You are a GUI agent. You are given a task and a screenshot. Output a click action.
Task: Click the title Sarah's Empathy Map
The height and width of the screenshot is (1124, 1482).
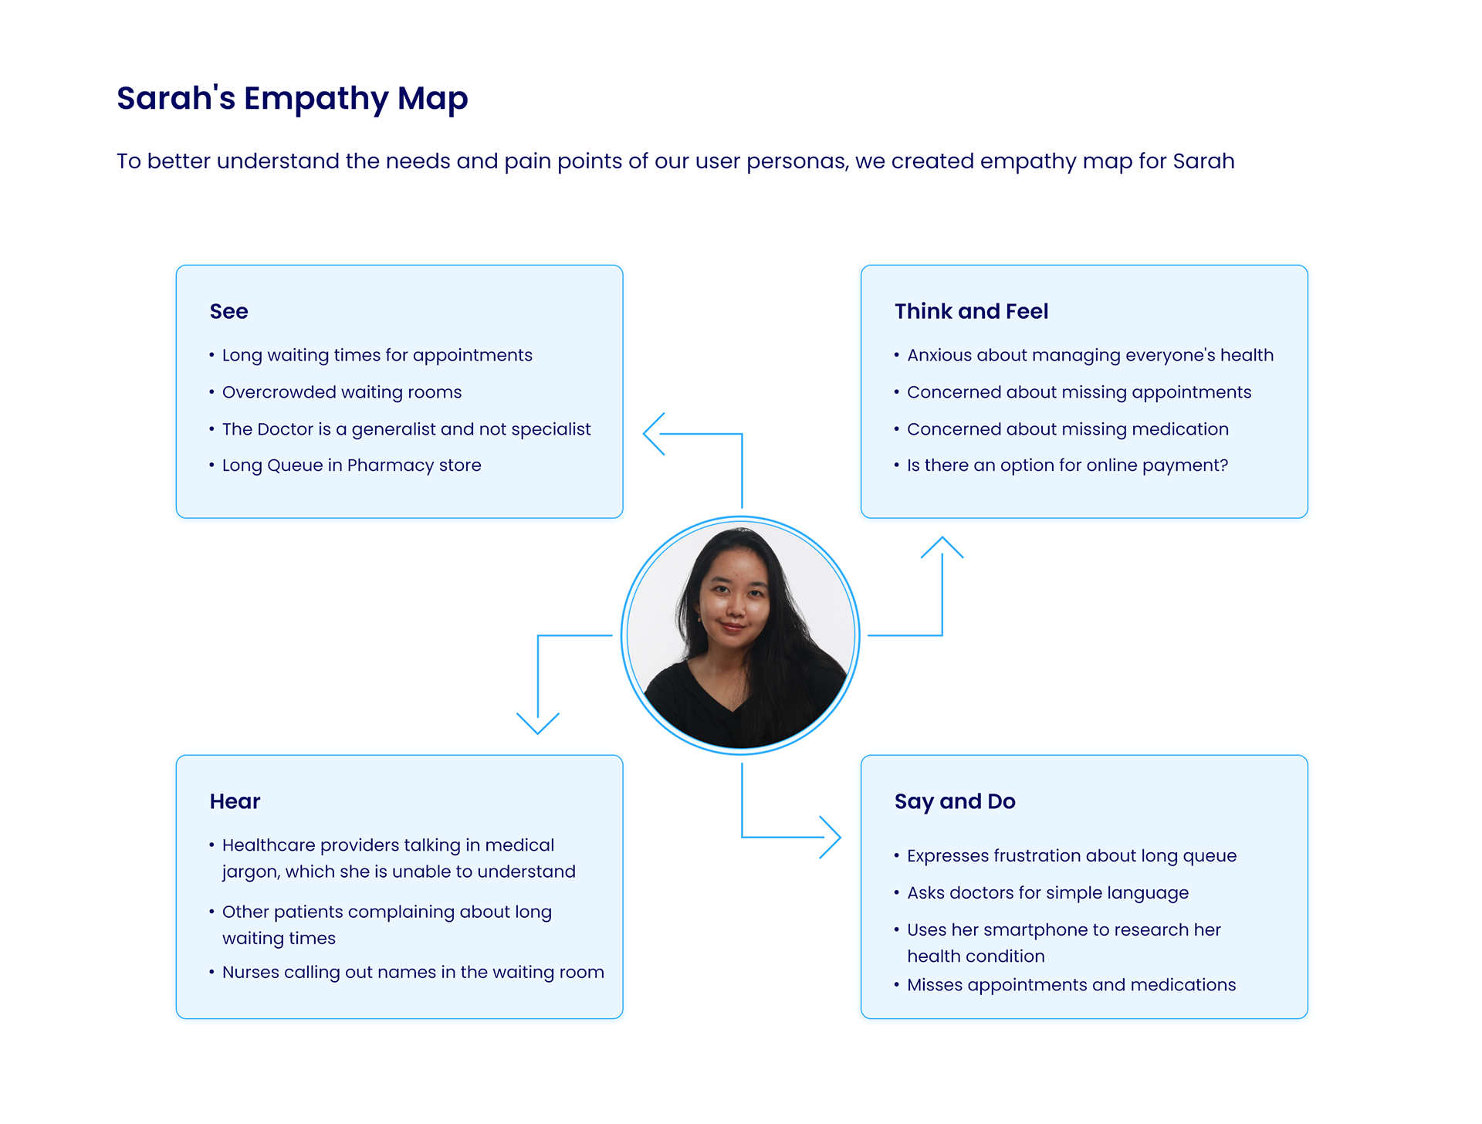click(x=292, y=99)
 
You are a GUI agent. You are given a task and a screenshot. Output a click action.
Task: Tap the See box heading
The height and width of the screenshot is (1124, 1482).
click(x=228, y=311)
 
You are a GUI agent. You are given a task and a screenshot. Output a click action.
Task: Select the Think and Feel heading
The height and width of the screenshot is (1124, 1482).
click(x=971, y=311)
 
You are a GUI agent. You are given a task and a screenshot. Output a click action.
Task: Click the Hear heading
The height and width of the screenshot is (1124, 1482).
click(x=235, y=801)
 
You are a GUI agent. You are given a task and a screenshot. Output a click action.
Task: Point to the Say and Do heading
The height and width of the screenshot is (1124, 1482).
click(x=955, y=801)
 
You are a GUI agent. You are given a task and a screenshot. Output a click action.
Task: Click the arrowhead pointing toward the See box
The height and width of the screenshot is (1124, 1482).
click(x=653, y=434)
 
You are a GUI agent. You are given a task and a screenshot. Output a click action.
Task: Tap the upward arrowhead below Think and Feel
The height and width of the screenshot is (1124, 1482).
click(x=942, y=546)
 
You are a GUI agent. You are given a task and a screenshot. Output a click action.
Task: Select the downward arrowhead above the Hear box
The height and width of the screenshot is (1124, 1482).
click(x=538, y=724)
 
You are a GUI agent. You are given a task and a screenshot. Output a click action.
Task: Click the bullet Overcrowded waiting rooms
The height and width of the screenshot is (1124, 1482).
click(x=342, y=392)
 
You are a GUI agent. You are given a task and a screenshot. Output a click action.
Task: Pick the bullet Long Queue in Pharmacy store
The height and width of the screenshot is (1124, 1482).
click(x=351, y=466)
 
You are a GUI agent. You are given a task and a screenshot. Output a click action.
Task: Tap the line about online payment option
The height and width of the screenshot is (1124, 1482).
click(x=1067, y=466)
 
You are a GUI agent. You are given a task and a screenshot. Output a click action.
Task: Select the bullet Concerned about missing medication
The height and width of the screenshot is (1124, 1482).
click(x=1068, y=429)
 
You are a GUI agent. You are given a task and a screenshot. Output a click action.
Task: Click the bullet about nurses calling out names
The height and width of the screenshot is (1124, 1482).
click(x=413, y=972)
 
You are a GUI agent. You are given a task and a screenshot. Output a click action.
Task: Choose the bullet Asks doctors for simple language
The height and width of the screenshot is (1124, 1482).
click(x=1047, y=893)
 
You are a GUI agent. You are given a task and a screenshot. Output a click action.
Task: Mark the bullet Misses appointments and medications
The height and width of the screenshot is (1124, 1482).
click(x=1071, y=985)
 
